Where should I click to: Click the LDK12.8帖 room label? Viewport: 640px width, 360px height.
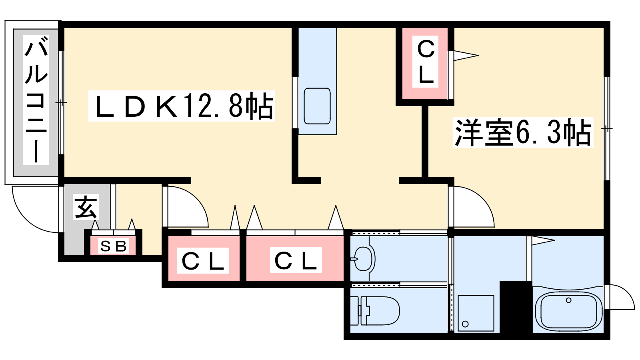[x=182, y=106]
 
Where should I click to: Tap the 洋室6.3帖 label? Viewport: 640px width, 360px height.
[x=523, y=132]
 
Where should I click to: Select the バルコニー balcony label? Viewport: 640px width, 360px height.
[x=36, y=100]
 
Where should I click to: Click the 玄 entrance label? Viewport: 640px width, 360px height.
[x=86, y=207]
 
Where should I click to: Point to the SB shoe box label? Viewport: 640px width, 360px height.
[x=114, y=246]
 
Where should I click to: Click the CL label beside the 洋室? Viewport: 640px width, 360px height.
[x=426, y=62]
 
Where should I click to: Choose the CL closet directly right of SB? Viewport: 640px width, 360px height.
[x=203, y=261]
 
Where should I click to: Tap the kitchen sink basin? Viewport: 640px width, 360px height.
[x=317, y=106]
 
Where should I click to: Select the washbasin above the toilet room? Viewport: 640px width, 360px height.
[x=364, y=258]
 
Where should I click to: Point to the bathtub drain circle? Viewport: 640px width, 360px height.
[x=568, y=300]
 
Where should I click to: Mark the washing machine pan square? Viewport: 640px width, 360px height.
[x=476, y=313]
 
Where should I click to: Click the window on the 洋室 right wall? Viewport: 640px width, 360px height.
[x=607, y=128]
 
